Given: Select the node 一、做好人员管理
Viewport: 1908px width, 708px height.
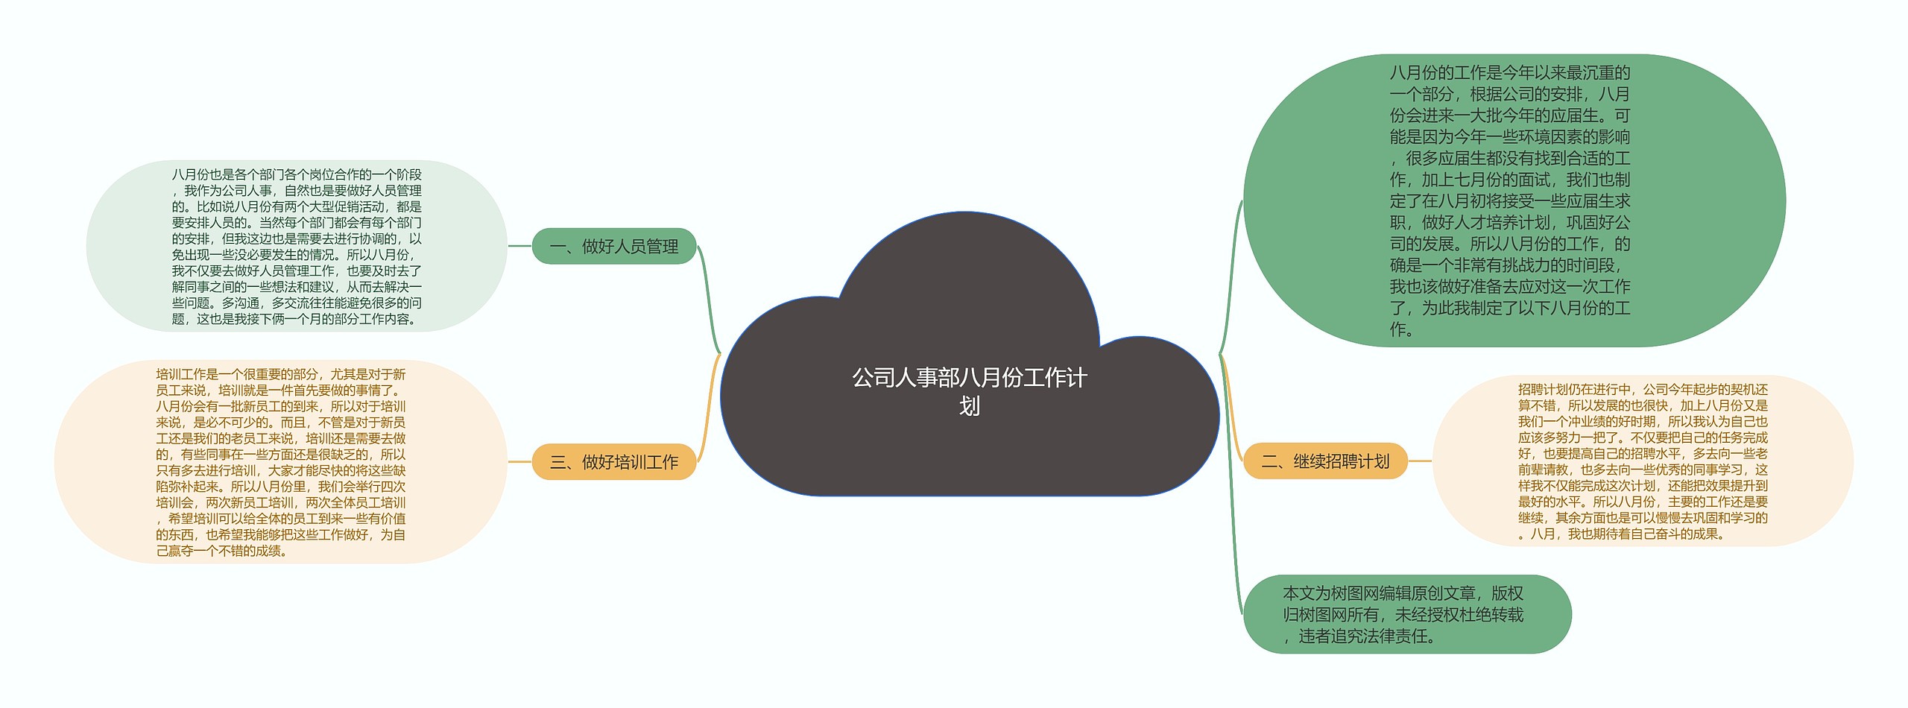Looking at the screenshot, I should tap(614, 246).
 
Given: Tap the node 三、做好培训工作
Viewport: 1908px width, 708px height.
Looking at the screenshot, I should tap(614, 462).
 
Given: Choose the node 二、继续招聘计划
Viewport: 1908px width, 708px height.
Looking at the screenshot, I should tap(1325, 461).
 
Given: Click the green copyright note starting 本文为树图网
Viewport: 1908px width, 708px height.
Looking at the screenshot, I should tap(1406, 614).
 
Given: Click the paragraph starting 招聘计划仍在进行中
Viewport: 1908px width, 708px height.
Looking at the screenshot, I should tap(1643, 461).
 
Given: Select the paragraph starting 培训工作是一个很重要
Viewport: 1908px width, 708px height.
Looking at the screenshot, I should tap(281, 462).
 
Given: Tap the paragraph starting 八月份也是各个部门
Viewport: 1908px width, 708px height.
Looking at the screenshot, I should tap(297, 246).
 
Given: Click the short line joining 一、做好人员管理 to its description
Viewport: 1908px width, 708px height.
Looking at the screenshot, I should tap(519, 245).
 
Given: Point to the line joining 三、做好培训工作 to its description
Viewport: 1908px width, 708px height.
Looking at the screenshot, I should tap(519, 462).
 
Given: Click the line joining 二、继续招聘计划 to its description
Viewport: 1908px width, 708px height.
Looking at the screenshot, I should tap(1420, 461).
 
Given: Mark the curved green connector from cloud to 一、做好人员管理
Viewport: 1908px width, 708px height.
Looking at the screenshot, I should tap(708, 298).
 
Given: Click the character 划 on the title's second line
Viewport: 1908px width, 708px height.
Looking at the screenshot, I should tap(969, 406).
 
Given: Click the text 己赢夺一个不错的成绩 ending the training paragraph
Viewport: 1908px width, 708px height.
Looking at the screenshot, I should tap(221, 551).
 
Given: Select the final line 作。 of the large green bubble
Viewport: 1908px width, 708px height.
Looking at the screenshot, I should tap(1401, 329).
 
